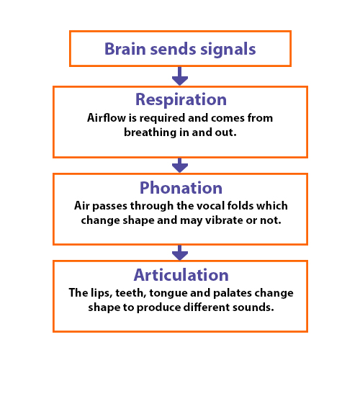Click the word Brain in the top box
point(125,49)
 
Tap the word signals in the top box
point(228,50)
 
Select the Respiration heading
point(181,99)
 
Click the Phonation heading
point(181,188)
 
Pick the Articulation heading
point(181,275)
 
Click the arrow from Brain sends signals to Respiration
point(180,76)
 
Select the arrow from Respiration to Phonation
point(180,166)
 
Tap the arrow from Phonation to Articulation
point(180,253)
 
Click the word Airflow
point(107,117)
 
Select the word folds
point(240,206)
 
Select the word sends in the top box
point(173,49)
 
